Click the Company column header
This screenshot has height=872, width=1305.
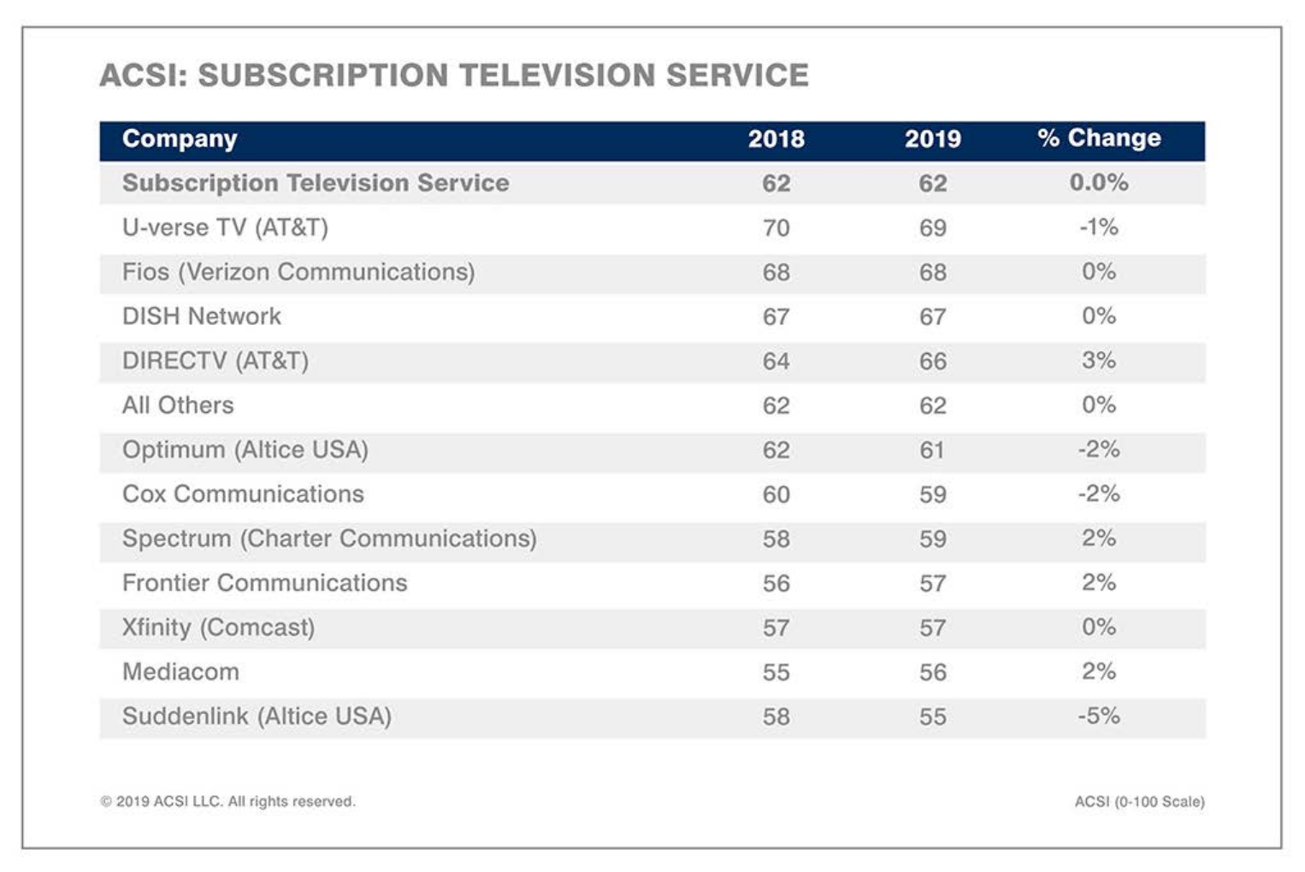click(180, 139)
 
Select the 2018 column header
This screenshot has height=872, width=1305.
click(776, 139)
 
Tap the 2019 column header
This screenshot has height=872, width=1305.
click(932, 139)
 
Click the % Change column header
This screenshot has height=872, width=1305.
click(1099, 138)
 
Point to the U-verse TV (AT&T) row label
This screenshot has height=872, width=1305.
click(225, 227)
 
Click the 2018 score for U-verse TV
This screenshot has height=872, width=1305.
click(776, 228)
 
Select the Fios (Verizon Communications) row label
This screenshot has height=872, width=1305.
click(298, 272)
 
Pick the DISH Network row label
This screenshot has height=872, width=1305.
click(202, 316)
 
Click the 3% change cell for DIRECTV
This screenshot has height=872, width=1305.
click(1099, 361)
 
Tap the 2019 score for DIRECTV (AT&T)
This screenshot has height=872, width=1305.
click(932, 362)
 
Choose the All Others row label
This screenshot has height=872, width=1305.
click(178, 405)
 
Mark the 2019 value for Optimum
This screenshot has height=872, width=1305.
click(932, 451)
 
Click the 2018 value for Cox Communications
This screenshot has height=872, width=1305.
click(776, 495)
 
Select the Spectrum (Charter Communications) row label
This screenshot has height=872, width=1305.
click(329, 539)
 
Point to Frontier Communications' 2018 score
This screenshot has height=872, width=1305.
click(776, 584)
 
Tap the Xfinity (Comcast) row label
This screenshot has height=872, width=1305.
click(218, 627)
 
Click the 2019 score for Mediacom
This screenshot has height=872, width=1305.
click(932, 673)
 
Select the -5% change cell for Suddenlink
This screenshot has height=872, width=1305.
click(1099, 716)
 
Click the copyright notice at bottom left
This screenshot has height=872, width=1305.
click(227, 802)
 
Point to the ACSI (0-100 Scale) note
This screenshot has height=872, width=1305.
click(1139, 802)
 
